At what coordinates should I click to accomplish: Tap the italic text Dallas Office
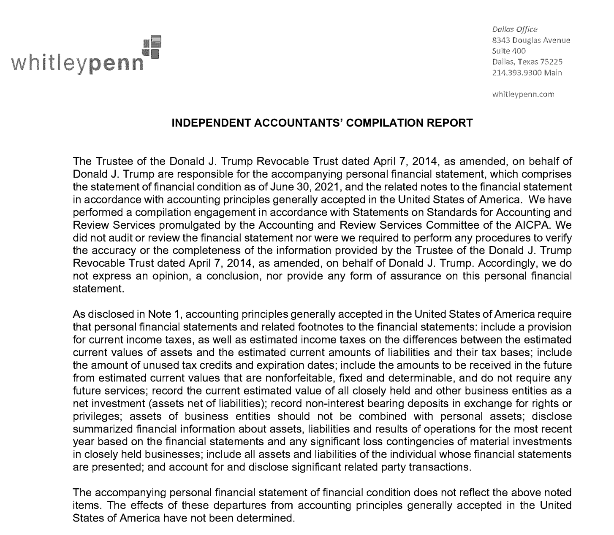[x=515, y=30]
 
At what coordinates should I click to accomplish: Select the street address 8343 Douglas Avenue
[x=531, y=41]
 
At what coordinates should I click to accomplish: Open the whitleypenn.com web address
[x=523, y=95]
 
